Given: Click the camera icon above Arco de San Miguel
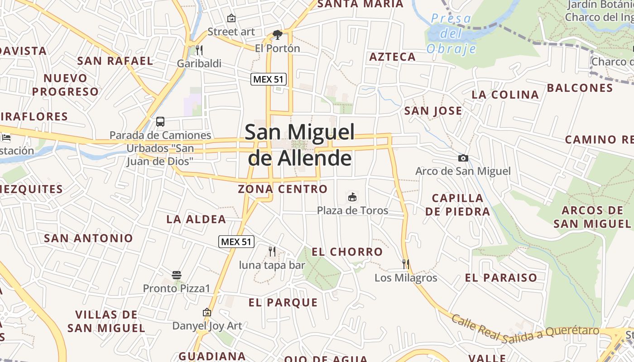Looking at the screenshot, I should click(x=463, y=158).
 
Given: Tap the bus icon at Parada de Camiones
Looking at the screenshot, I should click(x=160, y=121).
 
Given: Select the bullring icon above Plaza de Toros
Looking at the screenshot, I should click(x=352, y=197).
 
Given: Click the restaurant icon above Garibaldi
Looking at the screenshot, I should click(x=199, y=50).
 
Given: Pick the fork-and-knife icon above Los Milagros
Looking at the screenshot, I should click(x=406, y=264).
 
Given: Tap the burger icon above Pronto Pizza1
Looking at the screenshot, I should click(x=177, y=275).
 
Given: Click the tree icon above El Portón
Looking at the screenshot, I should click(x=277, y=34).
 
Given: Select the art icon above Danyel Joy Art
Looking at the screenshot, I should click(x=207, y=312).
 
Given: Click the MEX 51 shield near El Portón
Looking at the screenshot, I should click(x=269, y=79).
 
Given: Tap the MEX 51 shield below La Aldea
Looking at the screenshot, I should click(x=236, y=242).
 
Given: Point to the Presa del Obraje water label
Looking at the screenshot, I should click(x=451, y=33).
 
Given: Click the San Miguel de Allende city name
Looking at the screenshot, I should click(x=300, y=145).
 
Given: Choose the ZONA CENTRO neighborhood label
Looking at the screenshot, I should click(x=283, y=189).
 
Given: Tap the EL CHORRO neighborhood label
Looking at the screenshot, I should click(x=347, y=252).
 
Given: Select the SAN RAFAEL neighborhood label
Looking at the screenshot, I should click(x=115, y=61).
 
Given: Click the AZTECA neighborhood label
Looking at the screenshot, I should click(x=392, y=57).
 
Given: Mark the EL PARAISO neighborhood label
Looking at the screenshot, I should click(x=501, y=277).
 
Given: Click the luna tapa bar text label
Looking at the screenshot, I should click(x=272, y=265).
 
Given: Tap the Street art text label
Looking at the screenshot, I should click(x=231, y=32).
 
